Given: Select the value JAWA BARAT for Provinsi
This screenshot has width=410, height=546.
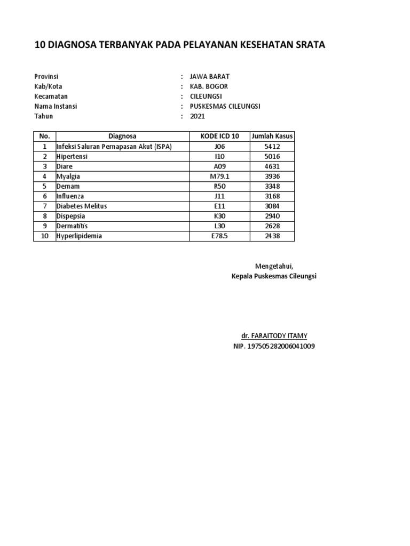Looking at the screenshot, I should point(210,77).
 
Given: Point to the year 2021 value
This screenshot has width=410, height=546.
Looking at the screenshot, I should point(198,116).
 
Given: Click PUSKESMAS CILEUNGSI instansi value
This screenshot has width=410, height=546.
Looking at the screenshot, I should point(225,106).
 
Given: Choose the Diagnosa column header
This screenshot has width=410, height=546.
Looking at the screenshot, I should point(122,136).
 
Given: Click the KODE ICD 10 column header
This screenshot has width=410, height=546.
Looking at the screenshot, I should point(219,136).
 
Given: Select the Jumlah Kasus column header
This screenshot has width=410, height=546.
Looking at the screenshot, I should point(272,136).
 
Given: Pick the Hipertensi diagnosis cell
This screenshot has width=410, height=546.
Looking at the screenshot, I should point(72,157).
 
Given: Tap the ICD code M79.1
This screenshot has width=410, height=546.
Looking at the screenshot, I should point(219,176).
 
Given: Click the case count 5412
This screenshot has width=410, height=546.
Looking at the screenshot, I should point(272,147).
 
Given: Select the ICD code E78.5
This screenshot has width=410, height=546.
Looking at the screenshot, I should point(219,236).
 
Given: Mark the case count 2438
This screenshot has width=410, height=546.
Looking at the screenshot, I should point(272,236).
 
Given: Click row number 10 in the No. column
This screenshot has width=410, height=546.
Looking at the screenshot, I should point(45,236).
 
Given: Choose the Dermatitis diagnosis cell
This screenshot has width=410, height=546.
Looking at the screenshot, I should point(72,226).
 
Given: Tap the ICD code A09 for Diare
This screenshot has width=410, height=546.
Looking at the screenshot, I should point(219,166).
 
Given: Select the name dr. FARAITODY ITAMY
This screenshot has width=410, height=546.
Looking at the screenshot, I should point(274,336).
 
